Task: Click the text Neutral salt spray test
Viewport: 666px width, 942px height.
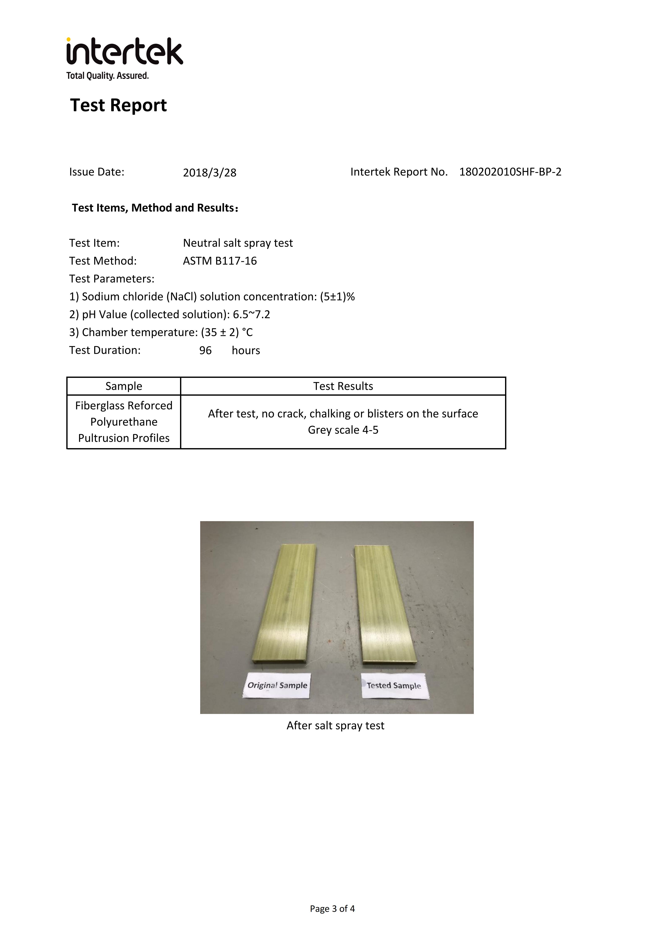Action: pos(238,243)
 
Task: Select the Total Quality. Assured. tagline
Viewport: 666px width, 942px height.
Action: pos(107,76)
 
